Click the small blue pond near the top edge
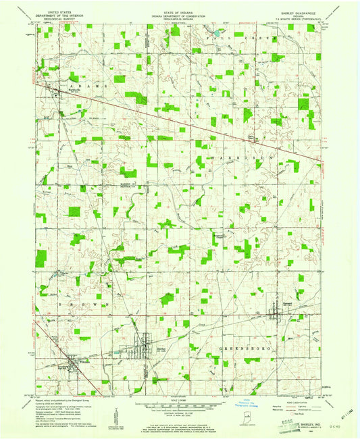(x=216, y=31)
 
